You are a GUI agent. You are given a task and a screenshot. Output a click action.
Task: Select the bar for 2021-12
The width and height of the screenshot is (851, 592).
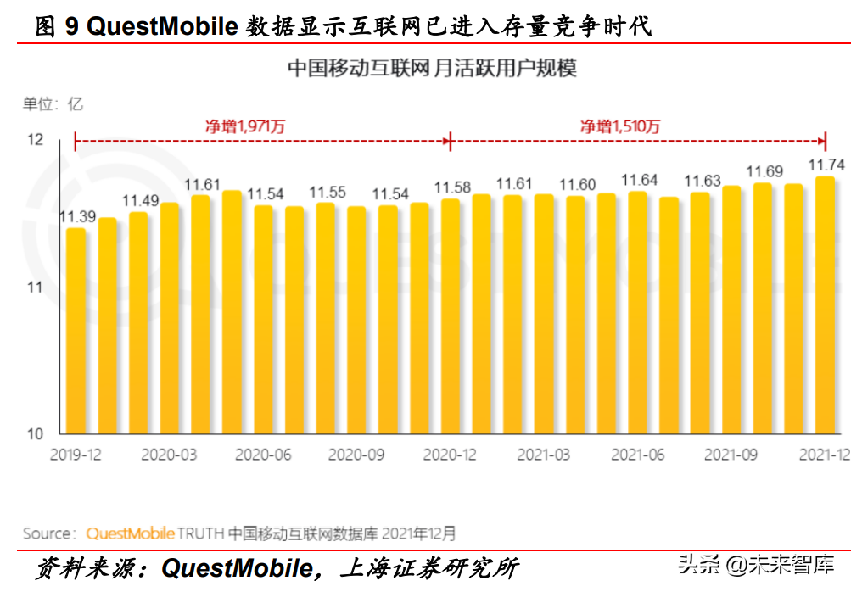(x=824, y=305)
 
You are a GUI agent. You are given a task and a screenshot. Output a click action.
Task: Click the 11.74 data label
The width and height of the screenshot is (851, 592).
(x=826, y=165)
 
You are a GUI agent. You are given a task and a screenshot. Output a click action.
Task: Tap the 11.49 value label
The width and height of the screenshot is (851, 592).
(x=139, y=201)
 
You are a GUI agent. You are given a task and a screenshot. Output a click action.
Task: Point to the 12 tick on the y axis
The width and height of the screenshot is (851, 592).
(x=35, y=140)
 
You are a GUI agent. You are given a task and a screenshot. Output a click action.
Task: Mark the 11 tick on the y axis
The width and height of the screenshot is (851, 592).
(x=35, y=288)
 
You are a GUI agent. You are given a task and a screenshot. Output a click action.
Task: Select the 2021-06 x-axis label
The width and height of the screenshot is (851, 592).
(x=637, y=455)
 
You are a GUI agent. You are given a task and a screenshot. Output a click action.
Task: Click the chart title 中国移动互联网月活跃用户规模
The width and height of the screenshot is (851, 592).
(x=432, y=68)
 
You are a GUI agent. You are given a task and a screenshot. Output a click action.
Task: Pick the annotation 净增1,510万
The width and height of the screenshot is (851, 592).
(x=619, y=126)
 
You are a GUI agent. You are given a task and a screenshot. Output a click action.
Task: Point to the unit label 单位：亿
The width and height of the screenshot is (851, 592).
(x=53, y=104)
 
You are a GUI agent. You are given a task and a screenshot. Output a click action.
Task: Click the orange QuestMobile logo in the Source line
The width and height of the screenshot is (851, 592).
(x=130, y=533)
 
